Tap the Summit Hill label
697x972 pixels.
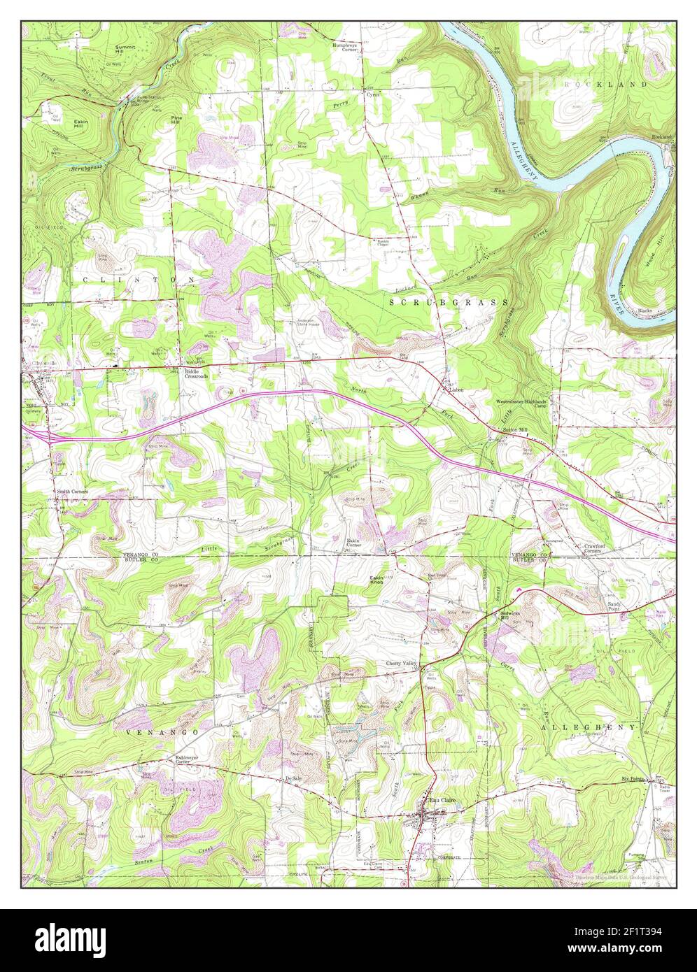click(x=127, y=50)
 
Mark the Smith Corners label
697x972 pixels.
click(x=73, y=492)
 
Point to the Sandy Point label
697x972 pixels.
click(x=614, y=606)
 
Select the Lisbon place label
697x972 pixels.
click(x=457, y=390)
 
